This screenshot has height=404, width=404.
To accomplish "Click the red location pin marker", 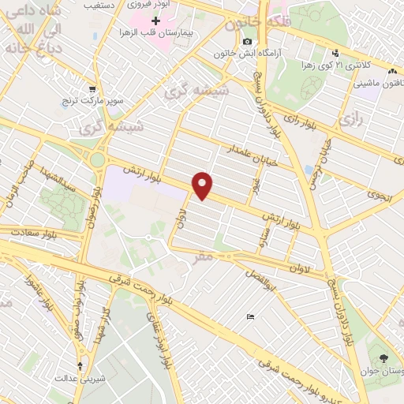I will [204, 185].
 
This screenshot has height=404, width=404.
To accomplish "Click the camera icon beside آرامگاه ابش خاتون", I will [248, 41].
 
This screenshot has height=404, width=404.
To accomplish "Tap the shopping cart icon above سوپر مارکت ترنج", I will [92, 89].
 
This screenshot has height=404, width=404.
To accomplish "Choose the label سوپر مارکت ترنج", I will [92, 102].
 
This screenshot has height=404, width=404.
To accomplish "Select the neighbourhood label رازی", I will [347, 119].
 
